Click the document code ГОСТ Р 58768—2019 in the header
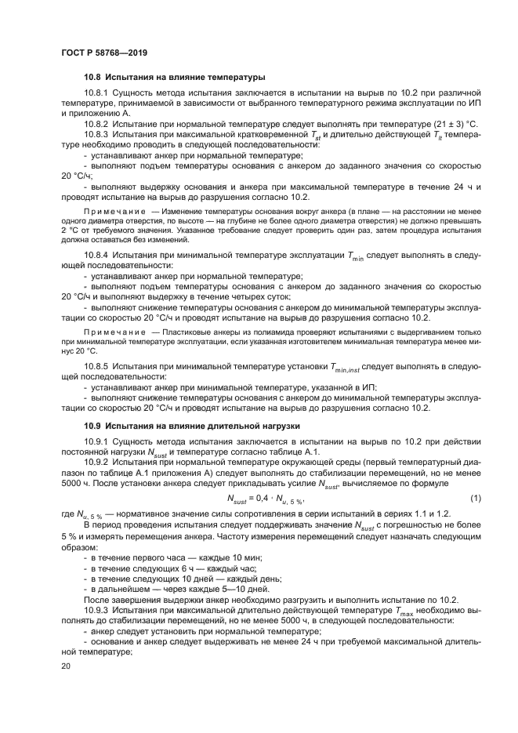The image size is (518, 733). click(x=103, y=52)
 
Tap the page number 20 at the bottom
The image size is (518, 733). click(x=66, y=666)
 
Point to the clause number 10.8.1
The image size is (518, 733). click(x=96, y=93)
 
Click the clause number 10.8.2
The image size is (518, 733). click(x=96, y=124)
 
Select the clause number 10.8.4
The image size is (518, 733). click(x=96, y=256)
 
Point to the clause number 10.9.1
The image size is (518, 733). click(x=96, y=442)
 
